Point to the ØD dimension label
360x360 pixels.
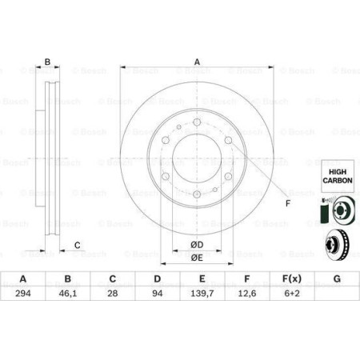click(197, 244)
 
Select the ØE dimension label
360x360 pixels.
click(197, 258)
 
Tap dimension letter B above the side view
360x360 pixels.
click(47, 62)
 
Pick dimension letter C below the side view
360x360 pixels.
click(78, 245)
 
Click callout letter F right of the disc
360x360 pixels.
click(287, 203)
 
